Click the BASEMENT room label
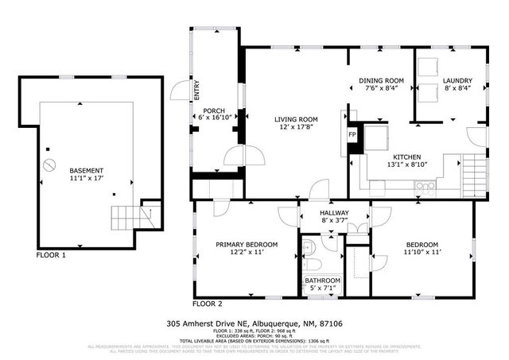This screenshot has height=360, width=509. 85,171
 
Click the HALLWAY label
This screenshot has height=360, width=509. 335,213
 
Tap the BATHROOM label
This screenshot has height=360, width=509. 323,281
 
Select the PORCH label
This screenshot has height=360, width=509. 213,110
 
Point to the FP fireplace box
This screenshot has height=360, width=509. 352,134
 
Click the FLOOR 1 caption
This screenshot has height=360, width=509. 51,256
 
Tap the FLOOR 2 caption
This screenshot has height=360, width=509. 208,304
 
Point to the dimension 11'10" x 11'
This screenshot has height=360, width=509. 423,253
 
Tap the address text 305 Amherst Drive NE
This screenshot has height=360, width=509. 215,323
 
